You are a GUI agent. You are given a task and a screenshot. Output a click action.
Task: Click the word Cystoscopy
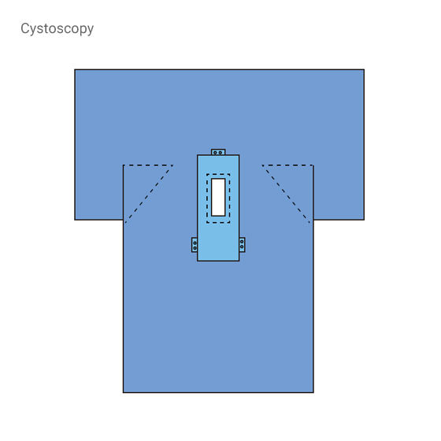click(57, 29)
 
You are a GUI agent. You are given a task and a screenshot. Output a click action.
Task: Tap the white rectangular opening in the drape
click(218, 197)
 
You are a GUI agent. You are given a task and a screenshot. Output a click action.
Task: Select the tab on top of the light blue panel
click(218, 152)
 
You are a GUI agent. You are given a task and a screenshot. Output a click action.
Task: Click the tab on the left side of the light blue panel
click(195, 245)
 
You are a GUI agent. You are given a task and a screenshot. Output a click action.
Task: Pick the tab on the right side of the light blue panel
click(243, 245)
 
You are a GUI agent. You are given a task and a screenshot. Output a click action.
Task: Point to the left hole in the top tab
click(216, 153)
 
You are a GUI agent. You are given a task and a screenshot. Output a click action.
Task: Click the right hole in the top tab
click(220, 153)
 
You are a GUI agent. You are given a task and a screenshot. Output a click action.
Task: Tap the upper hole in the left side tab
click(195, 243)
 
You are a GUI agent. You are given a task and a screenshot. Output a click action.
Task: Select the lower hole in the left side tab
click(195, 248)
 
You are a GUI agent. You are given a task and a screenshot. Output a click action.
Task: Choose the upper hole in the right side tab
click(242, 242)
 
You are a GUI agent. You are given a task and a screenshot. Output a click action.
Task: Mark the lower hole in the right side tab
click(242, 246)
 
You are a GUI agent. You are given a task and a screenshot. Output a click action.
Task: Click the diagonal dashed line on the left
click(149, 194)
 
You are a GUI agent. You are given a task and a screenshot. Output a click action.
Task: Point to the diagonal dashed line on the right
click(286, 194)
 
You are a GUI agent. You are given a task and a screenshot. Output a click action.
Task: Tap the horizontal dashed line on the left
click(148, 165)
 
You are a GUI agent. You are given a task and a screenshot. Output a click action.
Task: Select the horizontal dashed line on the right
click(287, 165)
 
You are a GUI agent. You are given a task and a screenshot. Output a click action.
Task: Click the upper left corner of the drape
click(75, 69)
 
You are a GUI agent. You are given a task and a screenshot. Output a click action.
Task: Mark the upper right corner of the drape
click(364, 69)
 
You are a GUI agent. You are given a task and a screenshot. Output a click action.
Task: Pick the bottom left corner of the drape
click(123, 392)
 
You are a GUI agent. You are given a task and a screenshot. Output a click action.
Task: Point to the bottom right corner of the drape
click(313, 392)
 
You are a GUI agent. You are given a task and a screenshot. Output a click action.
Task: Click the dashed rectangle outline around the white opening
click(207, 198)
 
